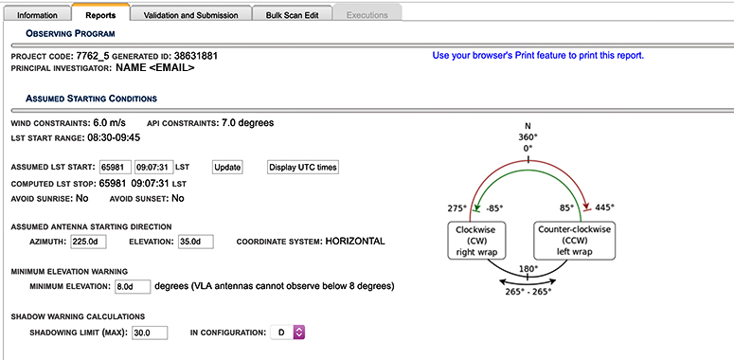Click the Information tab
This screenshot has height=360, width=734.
(37, 15)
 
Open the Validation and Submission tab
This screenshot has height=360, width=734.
(190, 15)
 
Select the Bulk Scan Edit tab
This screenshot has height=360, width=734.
(292, 15)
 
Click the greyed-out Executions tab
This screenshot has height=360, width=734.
(367, 15)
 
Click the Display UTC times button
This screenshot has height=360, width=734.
(303, 167)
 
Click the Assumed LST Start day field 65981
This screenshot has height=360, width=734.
(116, 167)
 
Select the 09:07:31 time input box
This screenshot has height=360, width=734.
(154, 167)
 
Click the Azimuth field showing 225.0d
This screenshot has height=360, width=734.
(88, 242)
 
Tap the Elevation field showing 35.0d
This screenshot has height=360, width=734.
(196, 242)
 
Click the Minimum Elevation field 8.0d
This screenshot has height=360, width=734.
(133, 286)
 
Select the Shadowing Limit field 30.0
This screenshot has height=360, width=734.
(150, 333)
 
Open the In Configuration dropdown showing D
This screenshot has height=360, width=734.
(288, 333)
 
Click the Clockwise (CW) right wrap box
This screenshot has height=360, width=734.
(476, 241)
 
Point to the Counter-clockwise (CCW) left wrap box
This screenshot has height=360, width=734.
(575, 241)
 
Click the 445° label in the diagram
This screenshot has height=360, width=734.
(605, 207)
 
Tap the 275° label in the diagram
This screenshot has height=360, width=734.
(457, 207)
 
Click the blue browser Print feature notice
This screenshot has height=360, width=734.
(538, 55)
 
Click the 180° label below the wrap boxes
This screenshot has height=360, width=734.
(528, 269)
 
